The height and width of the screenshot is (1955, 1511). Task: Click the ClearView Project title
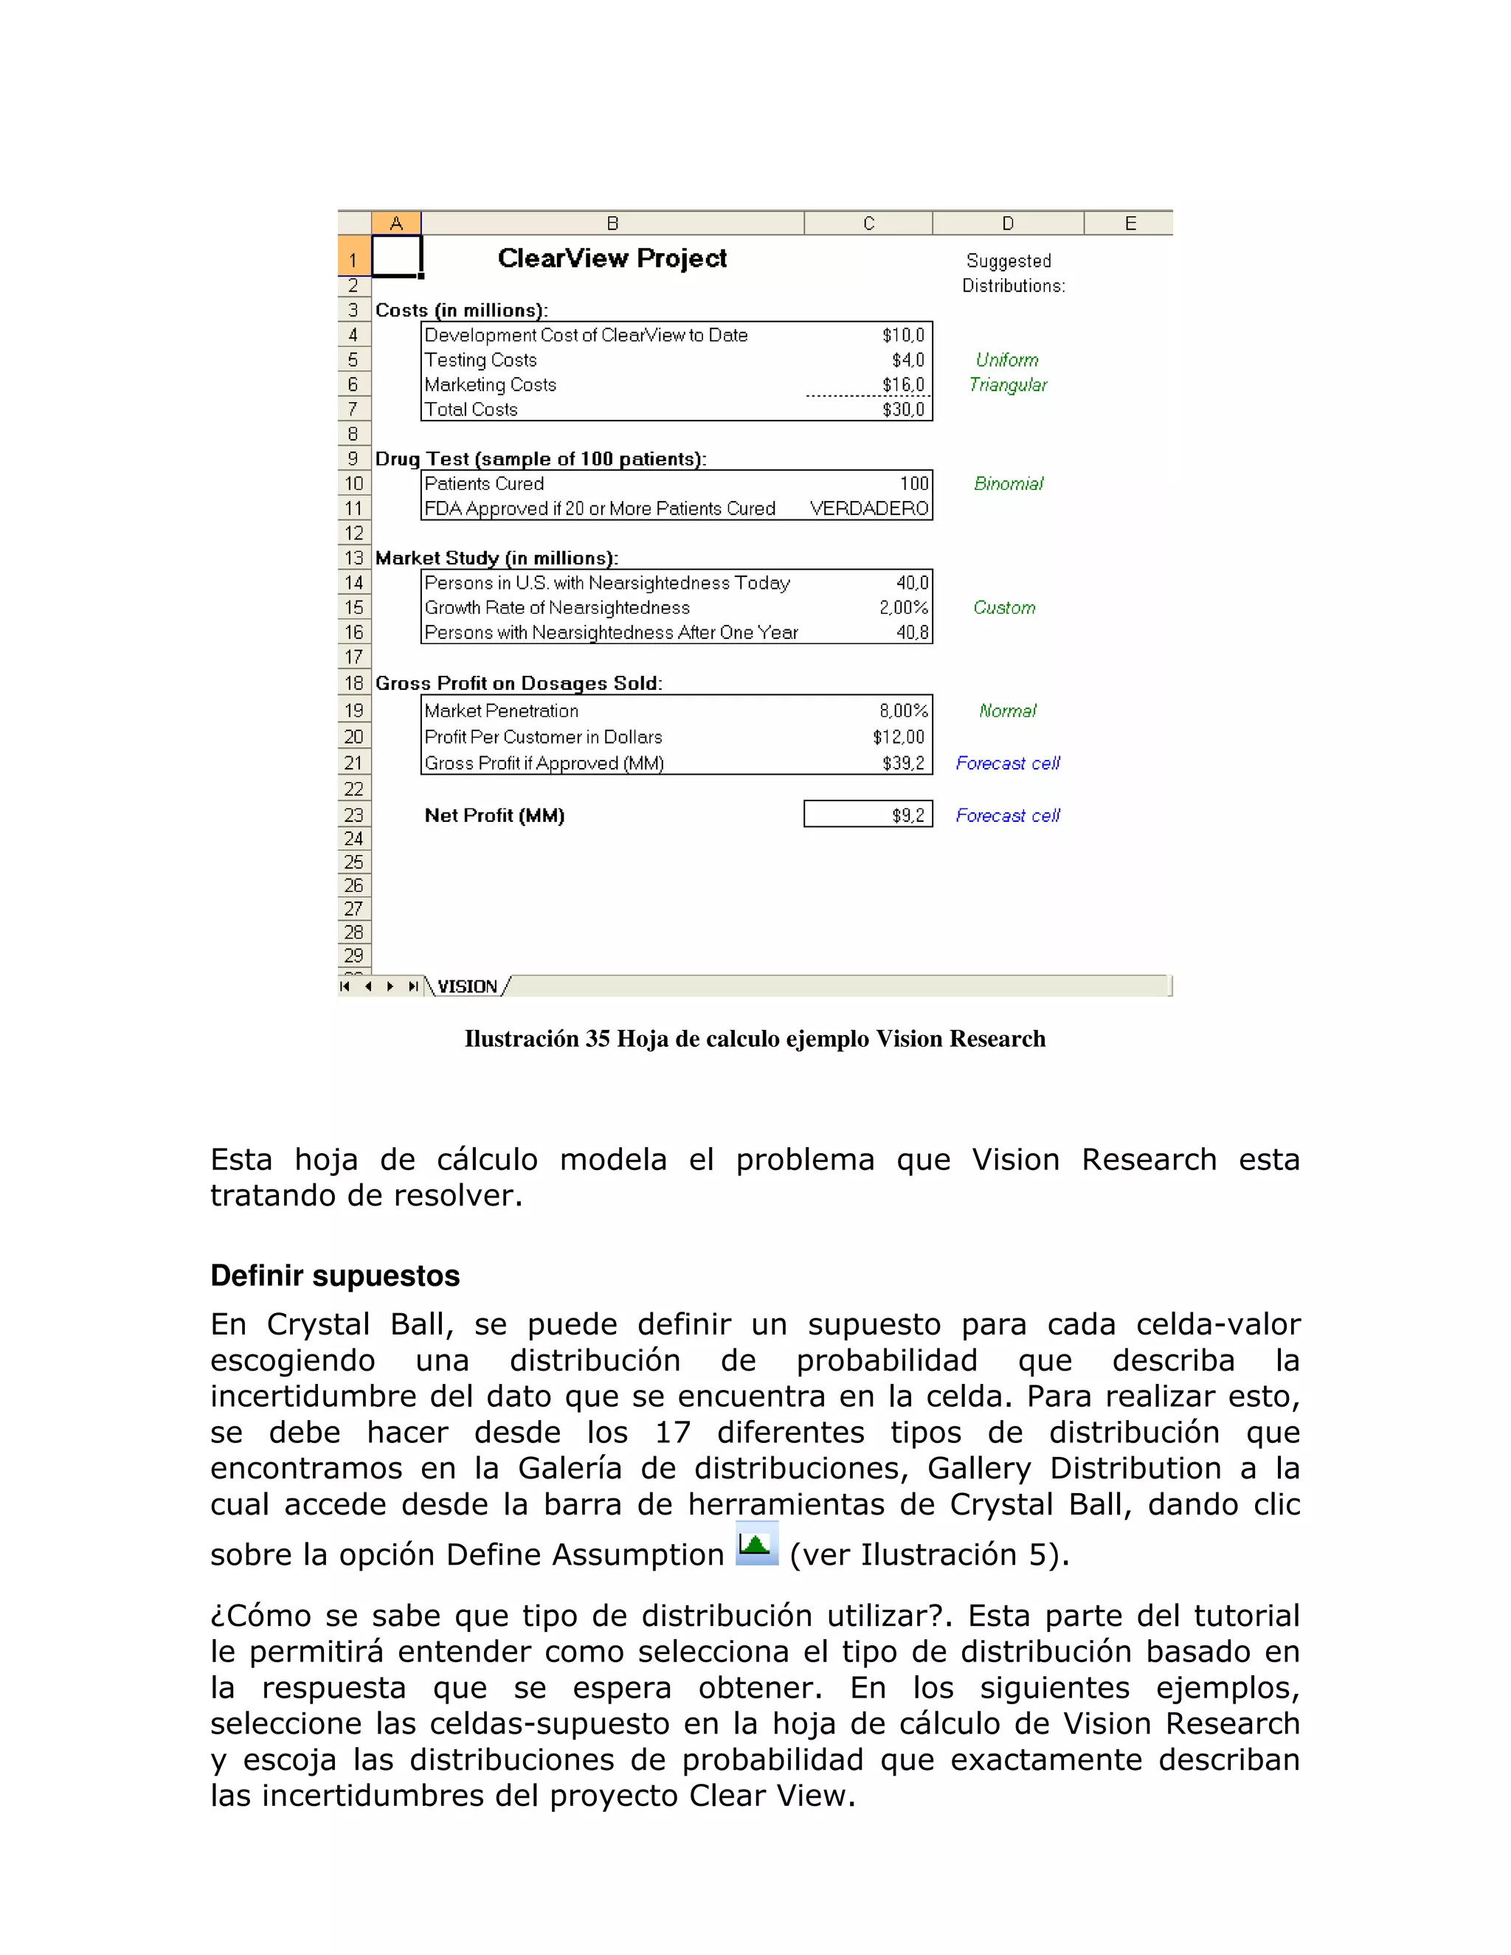[612, 259]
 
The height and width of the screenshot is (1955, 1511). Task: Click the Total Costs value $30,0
[902, 410]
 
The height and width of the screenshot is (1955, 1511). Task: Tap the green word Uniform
[1007, 360]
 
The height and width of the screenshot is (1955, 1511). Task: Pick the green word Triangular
[1007, 385]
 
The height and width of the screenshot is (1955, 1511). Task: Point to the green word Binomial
[1008, 484]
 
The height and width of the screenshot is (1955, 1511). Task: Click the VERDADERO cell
[868, 508]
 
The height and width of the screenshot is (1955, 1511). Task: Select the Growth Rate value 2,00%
[902, 608]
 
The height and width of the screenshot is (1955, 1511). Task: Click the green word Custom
[1004, 608]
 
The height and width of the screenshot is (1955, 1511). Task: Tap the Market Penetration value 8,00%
[902, 710]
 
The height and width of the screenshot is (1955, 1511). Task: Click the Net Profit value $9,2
[907, 815]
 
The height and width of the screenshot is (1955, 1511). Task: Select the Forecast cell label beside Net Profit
[1007, 815]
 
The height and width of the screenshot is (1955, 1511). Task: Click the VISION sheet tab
[466, 986]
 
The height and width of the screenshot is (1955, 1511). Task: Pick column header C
[868, 223]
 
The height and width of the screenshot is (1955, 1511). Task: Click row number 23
[353, 815]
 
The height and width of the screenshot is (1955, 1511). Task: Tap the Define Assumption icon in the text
[756, 1543]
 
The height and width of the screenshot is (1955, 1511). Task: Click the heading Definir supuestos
[335, 1276]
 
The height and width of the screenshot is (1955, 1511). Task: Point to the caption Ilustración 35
[755, 1039]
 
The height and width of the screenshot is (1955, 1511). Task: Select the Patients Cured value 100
[914, 484]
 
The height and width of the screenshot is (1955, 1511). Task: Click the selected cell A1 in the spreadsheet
[395, 257]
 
